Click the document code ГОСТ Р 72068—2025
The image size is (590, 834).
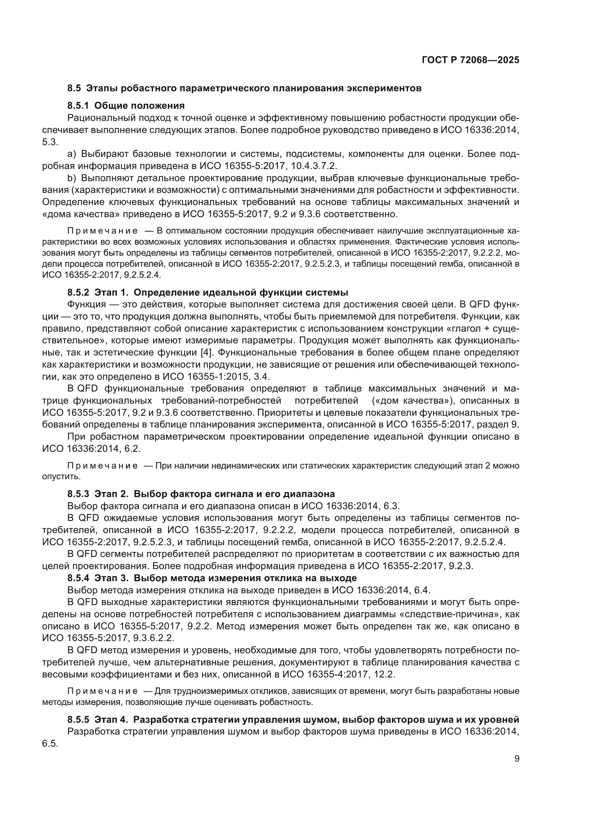click(471, 60)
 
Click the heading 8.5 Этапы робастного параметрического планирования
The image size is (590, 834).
click(244, 88)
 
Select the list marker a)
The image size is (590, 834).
click(72, 154)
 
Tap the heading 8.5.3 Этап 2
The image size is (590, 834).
click(200, 493)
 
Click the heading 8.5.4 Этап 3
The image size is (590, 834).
click(212, 578)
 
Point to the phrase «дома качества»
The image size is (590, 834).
click(81, 214)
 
